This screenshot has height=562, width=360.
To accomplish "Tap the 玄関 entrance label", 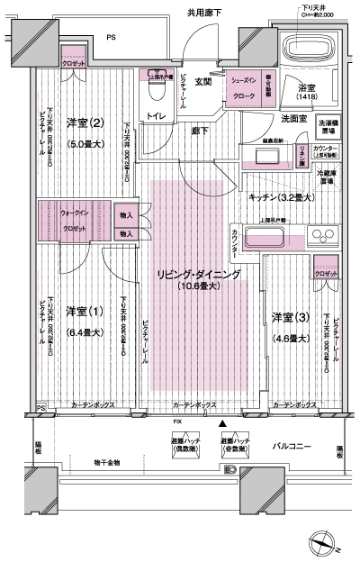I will (202, 82).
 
